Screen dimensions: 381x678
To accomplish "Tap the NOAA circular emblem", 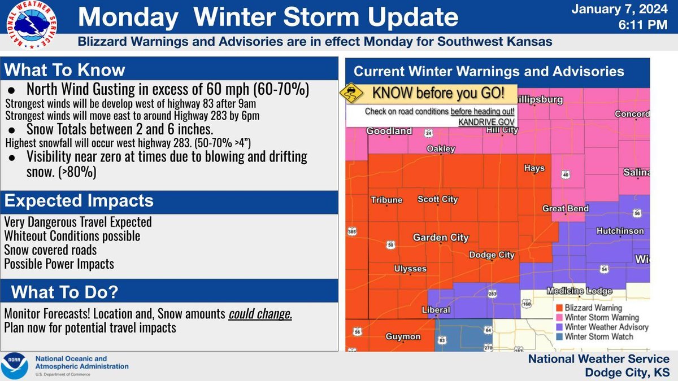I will tap(16, 366).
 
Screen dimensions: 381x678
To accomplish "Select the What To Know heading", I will tap(65, 71).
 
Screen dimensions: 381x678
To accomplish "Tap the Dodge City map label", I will tap(492, 255).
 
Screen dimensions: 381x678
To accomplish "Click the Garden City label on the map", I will tap(440, 238).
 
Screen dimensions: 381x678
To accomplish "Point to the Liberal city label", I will tap(436, 310).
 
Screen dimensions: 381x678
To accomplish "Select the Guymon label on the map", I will tap(403, 336).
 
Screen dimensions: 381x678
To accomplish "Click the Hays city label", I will tap(534, 168).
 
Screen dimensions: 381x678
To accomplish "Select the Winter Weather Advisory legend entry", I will tap(601, 327).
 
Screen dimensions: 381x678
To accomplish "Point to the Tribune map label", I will tap(386, 200).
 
